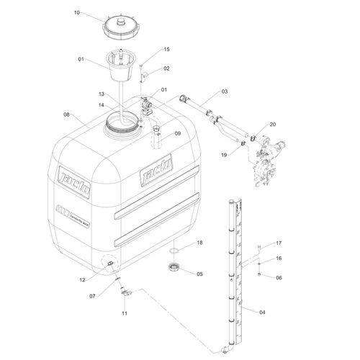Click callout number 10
click(x=77, y=12)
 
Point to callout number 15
click(x=166, y=50)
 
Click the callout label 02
click(x=166, y=68)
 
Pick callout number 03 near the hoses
click(x=224, y=91)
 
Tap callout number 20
click(x=272, y=124)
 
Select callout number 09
click(x=177, y=132)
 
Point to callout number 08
click(x=67, y=114)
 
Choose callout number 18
click(x=200, y=243)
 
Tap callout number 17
click(x=279, y=243)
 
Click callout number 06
click(x=279, y=278)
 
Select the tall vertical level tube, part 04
click(x=231, y=274)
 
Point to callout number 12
click(x=81, y=279)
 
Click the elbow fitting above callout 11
click(x=127, y=292)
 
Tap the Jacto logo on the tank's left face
click(x=74, y=176)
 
